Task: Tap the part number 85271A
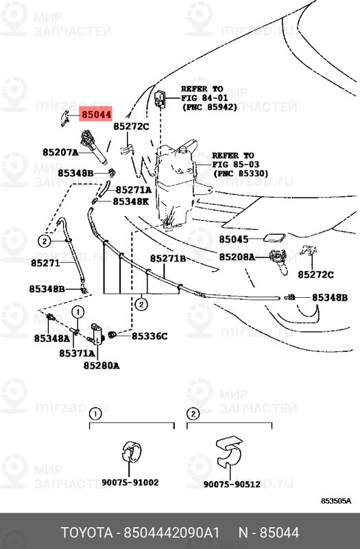[133, 189]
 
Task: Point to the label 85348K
[131, 202]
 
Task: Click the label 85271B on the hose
[169, 259]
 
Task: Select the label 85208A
[237, 257]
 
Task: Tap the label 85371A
[77, 353]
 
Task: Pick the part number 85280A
[101, 366]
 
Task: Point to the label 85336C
[149, 336]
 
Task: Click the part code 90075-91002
[130, 483]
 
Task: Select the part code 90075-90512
[231, 484]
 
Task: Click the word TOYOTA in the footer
[88, 533]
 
